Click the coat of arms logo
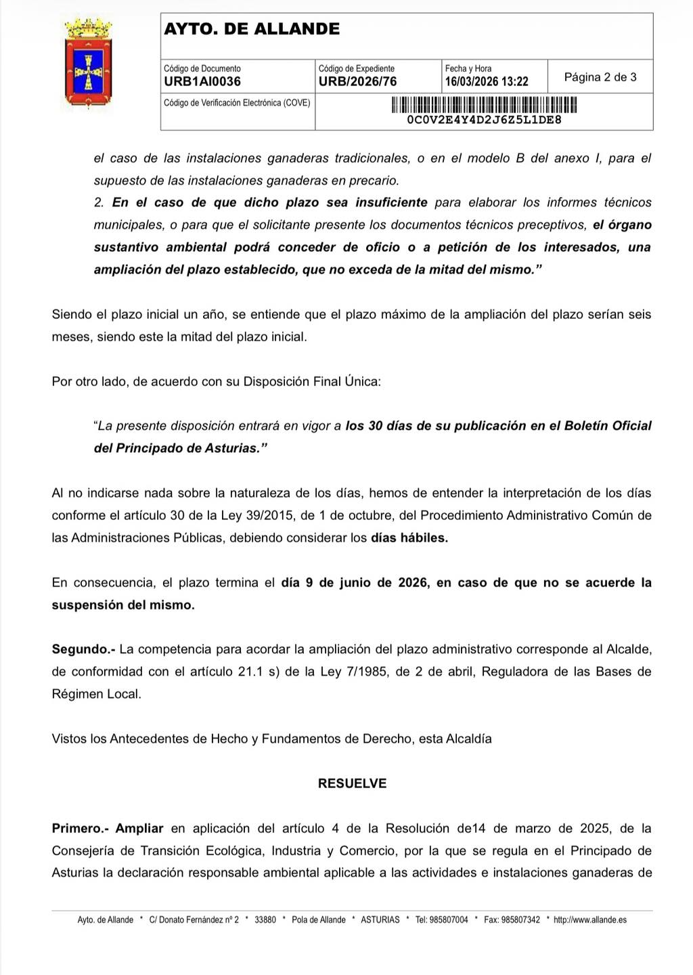[88, 64]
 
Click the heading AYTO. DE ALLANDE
[252, 29]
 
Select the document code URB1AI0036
[202, 82]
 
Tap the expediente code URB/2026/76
[357, 82]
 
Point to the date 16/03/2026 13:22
[486, 82]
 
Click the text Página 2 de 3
[600, 77]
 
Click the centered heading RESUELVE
[352, 783]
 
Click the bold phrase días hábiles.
[409, 538]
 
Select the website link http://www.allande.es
[589, 919]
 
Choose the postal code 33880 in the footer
[265, 919]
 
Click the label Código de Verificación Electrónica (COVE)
[237, 103]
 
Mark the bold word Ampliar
[139, 828]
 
